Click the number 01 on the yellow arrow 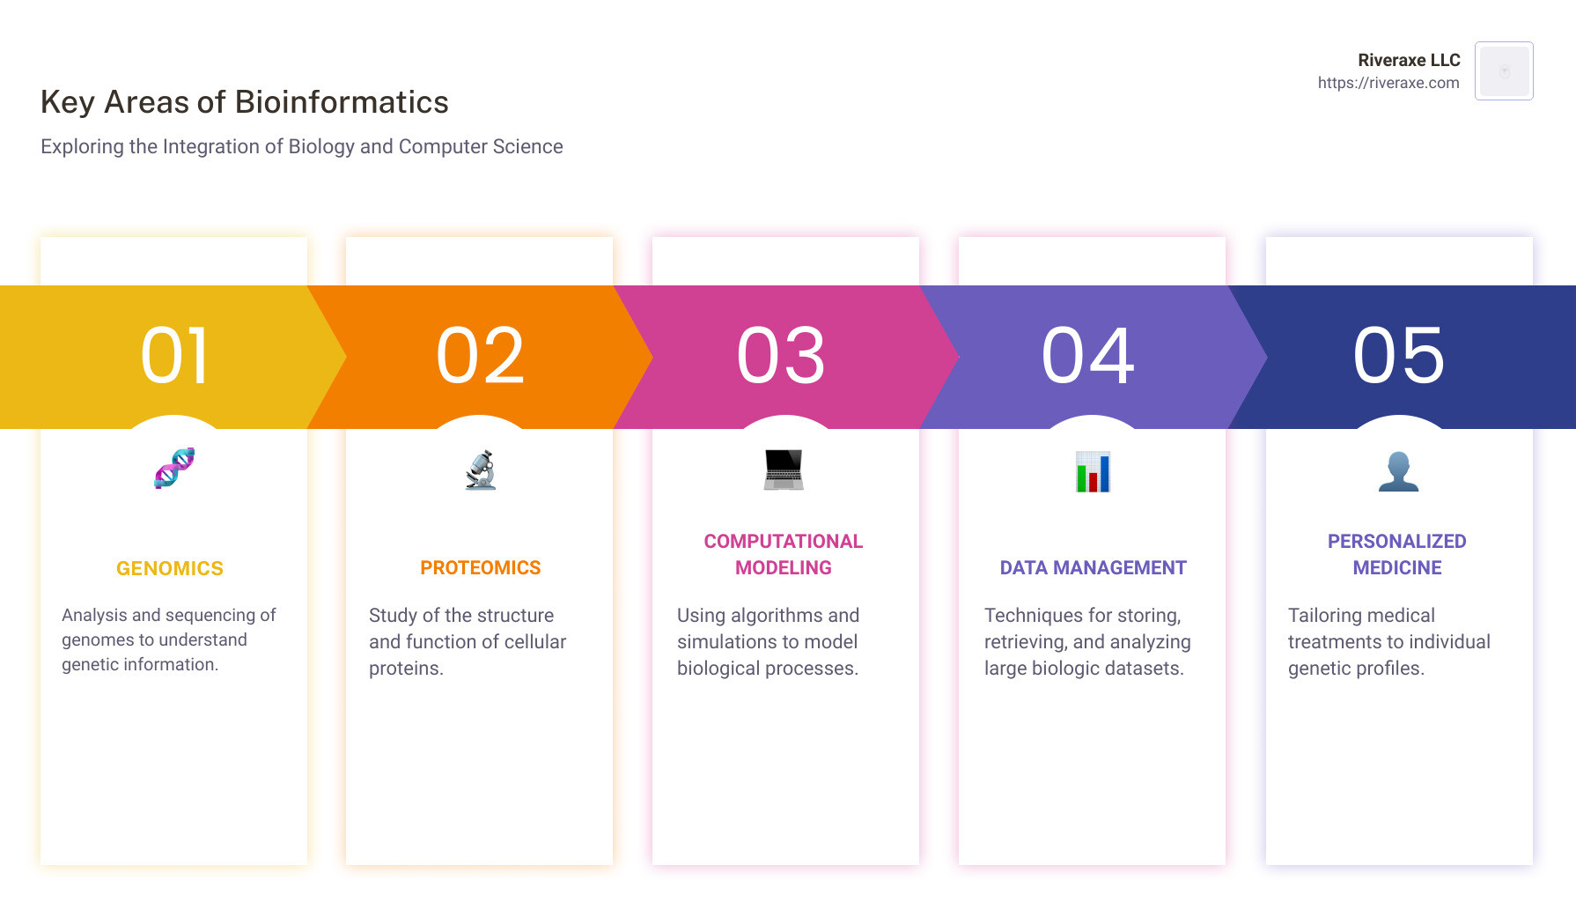(175, 356)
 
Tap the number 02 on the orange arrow (481, 356)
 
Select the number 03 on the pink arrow (782, 356)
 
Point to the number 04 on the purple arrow (1088, 356)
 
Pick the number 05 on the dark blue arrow (1399, 356)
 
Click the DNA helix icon (174, 468)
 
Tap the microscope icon (481, 469)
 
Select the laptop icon (784, 469)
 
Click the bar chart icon (1093, 471)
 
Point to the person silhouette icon (1398, 471)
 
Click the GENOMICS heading (170, 569)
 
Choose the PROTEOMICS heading (481, 568)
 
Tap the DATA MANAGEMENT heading (1094, 568)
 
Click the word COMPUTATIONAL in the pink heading (784, 542)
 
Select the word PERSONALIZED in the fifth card (1397, 542)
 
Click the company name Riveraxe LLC (1409, 60)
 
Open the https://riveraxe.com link (1388, 83)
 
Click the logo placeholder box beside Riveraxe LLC (1504, 71)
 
